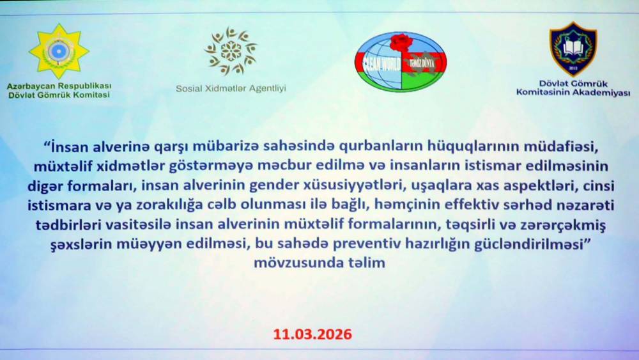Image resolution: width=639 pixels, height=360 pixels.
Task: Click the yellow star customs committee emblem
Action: click(59, 51)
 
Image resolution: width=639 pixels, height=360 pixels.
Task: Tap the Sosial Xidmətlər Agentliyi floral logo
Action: click(231, 51)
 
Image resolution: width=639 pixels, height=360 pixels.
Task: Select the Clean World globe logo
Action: click(401, 61)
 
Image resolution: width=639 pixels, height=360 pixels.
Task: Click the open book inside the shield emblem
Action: click(573, 47)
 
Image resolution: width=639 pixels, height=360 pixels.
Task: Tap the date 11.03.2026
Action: click(312, 334)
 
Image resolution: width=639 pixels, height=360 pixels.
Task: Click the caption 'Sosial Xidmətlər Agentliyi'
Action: click(231, 88)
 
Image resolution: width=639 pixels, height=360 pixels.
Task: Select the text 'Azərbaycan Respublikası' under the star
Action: click(59, 86)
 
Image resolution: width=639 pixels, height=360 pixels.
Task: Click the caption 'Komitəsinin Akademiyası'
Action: click(573, 93)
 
